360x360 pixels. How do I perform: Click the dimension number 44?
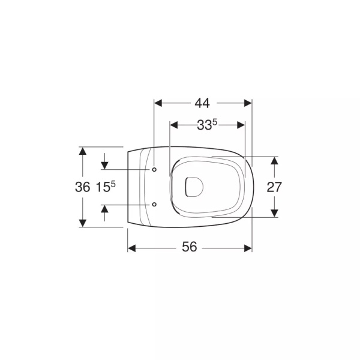(202, 103)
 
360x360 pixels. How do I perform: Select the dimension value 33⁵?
(207, 125)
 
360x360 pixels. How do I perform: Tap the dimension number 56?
(190, 247)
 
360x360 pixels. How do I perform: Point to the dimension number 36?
(82, 187)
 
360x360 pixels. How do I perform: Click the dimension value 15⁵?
(106, 187)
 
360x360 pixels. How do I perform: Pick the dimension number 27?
(274, 187)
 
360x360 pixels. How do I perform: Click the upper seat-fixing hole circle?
(154, 169)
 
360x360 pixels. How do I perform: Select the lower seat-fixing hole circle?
(154, 205)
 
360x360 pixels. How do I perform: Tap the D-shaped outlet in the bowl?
(194, 187)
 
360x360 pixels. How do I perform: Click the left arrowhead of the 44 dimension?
(158, 103)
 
